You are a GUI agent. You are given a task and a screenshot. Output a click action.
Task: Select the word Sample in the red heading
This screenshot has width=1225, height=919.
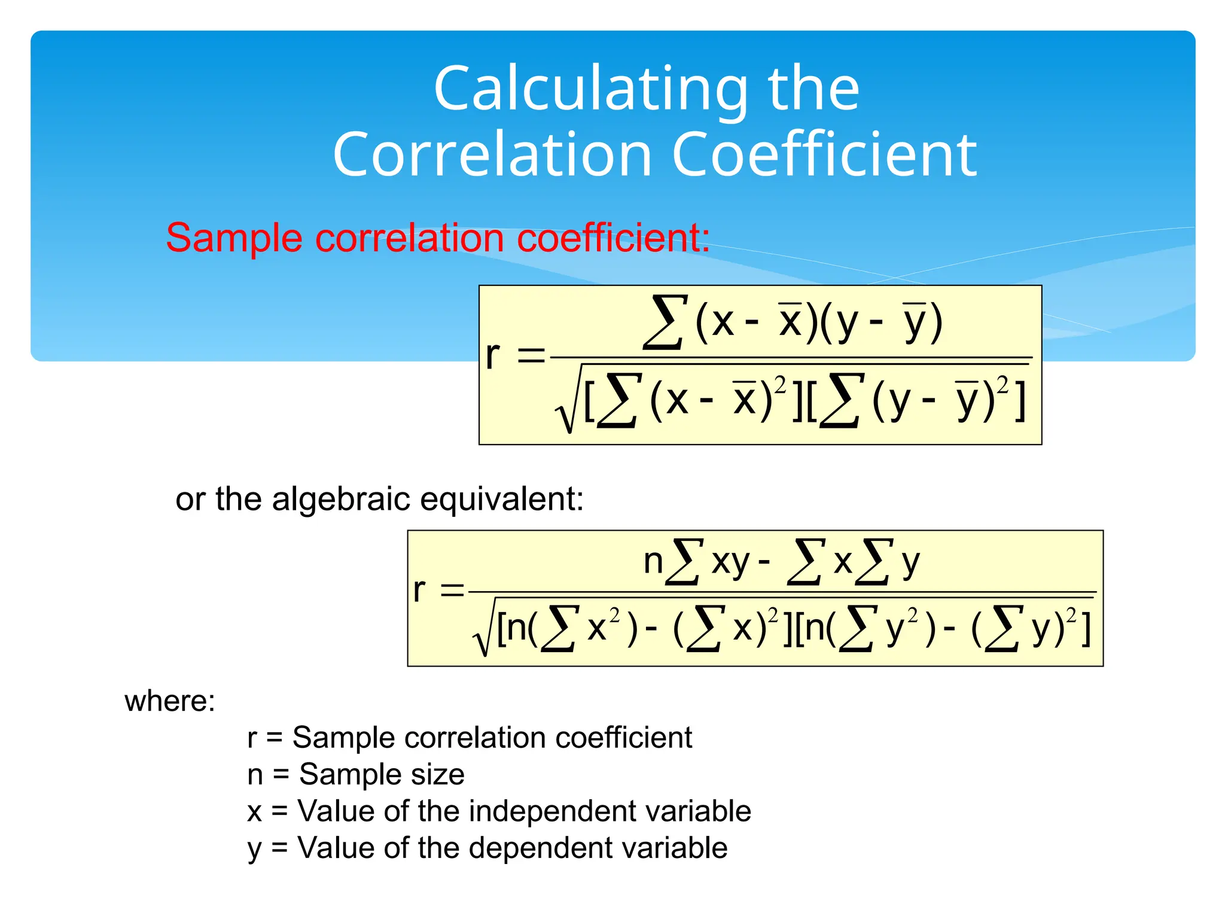point(234,238)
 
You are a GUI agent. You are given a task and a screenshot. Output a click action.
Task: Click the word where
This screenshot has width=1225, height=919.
point(169,701)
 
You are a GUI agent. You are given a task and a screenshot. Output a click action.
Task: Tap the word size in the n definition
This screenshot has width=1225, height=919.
point(437,774)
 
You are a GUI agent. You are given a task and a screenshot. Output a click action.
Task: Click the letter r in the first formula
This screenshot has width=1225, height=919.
point(493,355)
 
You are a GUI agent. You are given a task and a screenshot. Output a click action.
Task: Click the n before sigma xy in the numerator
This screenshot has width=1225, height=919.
point(653,562)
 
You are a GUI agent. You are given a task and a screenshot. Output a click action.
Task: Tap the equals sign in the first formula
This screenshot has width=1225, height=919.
point(531,357)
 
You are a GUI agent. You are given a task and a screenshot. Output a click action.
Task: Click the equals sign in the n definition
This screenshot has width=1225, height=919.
point(281,774)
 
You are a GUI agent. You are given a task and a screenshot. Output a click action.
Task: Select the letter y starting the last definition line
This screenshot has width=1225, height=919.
point(255,850)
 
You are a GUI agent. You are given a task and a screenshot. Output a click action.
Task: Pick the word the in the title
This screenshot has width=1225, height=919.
point(813,90)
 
